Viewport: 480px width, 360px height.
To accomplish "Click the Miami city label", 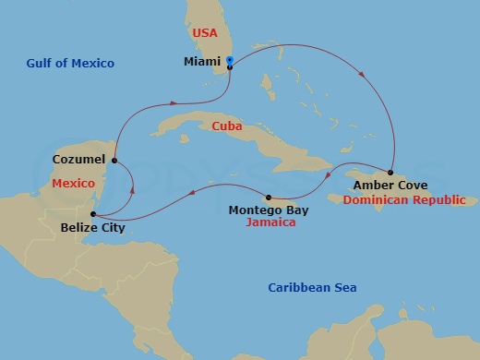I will point(202,64).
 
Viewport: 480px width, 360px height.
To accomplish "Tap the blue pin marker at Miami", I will point(229,63).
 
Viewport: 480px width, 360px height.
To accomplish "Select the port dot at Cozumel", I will point(113,161).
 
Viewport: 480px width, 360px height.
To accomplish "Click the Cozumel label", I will point(79,160).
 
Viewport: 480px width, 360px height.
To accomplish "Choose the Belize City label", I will point(92,226).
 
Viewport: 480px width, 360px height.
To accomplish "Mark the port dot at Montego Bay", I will point(268,197).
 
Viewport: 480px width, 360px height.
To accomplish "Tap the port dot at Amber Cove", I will point(391,173).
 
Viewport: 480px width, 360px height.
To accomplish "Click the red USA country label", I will point(204,33).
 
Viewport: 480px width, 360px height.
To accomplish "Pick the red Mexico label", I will point(74,184).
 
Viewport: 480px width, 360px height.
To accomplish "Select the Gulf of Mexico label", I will point(70,63).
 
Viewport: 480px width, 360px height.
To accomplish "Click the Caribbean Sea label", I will point(312,288).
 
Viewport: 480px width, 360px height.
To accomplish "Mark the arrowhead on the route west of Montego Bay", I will point(192,192).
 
